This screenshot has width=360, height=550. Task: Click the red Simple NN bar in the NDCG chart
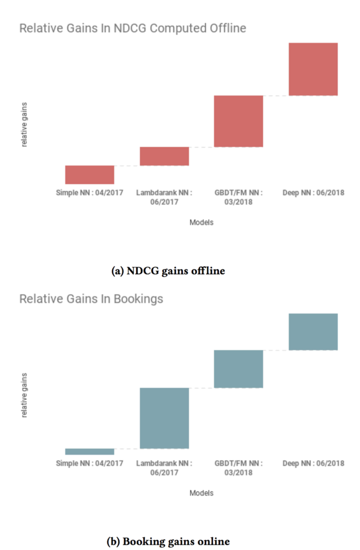pos(90,175)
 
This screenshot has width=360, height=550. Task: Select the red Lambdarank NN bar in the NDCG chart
pos(164,156)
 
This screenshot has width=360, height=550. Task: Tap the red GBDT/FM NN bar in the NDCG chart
pos(239,121)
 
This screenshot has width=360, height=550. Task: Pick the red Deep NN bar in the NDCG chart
pos(313,69)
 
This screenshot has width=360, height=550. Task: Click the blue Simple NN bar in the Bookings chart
pos(90,451)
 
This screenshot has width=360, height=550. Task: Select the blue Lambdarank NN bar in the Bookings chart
pos(164,418)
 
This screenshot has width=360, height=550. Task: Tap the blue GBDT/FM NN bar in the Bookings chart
pos(239,368)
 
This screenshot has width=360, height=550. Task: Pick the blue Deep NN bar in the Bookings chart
pos(313,331)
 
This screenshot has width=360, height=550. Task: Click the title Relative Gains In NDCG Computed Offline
pos(133,28)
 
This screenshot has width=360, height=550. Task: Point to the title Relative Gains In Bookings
pos(91,299)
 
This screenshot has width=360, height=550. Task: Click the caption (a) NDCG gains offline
pos(168,271)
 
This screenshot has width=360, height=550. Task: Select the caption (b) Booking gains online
pos(169,541)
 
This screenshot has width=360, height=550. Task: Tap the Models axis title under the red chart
pos(201,222)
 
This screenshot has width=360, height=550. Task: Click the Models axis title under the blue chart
pos(201,493)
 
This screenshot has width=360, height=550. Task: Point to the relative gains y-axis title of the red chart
pos(24,125)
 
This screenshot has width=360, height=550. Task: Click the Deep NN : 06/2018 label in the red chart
pos(313,192)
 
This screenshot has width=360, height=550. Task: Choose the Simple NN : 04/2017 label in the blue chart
pos(90,463)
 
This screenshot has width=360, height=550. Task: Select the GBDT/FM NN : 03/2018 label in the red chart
pos(239,197)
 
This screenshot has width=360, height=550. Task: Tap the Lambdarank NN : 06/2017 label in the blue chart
pos(164,467)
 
